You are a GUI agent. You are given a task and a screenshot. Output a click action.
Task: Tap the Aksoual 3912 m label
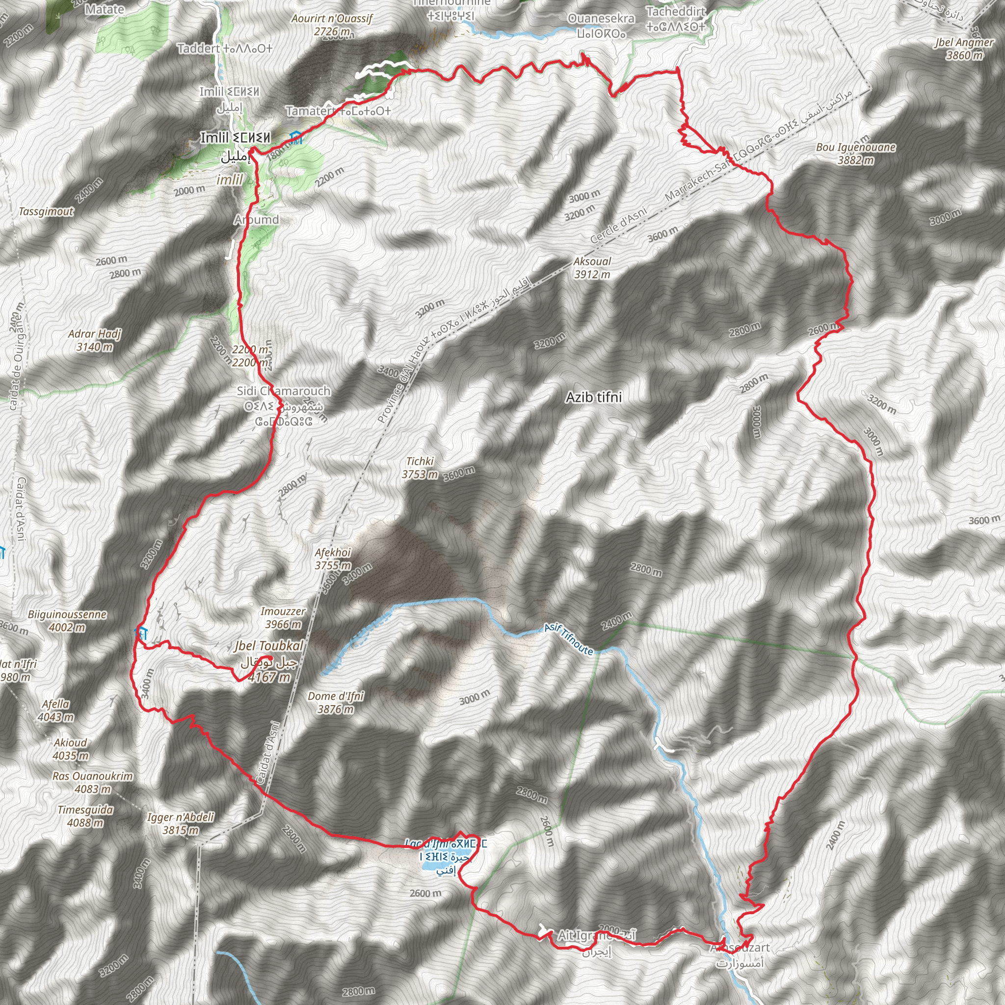coord(592,268)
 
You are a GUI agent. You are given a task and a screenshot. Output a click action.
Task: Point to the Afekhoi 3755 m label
coord(333,558)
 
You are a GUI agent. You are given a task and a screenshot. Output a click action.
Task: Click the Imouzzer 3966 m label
coord(283,617)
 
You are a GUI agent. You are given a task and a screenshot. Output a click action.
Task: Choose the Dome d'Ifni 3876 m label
coord(336,702)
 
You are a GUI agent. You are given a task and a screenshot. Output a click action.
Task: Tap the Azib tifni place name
coord(594,397)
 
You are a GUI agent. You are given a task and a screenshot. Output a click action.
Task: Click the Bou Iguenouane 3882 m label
coord(856,154)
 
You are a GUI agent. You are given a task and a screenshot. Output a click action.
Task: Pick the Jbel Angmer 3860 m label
coord(964,49)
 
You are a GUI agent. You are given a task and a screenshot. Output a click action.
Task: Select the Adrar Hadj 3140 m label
coord(95,340)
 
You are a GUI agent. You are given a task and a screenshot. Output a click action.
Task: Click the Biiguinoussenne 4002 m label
coord(67,621)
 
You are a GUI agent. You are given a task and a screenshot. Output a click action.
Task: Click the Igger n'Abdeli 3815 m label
coord(181,823)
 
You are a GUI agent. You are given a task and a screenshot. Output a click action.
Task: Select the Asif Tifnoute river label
coord(569,639)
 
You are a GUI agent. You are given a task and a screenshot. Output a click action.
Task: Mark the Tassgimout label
coord(46,212)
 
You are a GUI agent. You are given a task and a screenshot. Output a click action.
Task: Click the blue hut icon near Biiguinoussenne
coord(140,634)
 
